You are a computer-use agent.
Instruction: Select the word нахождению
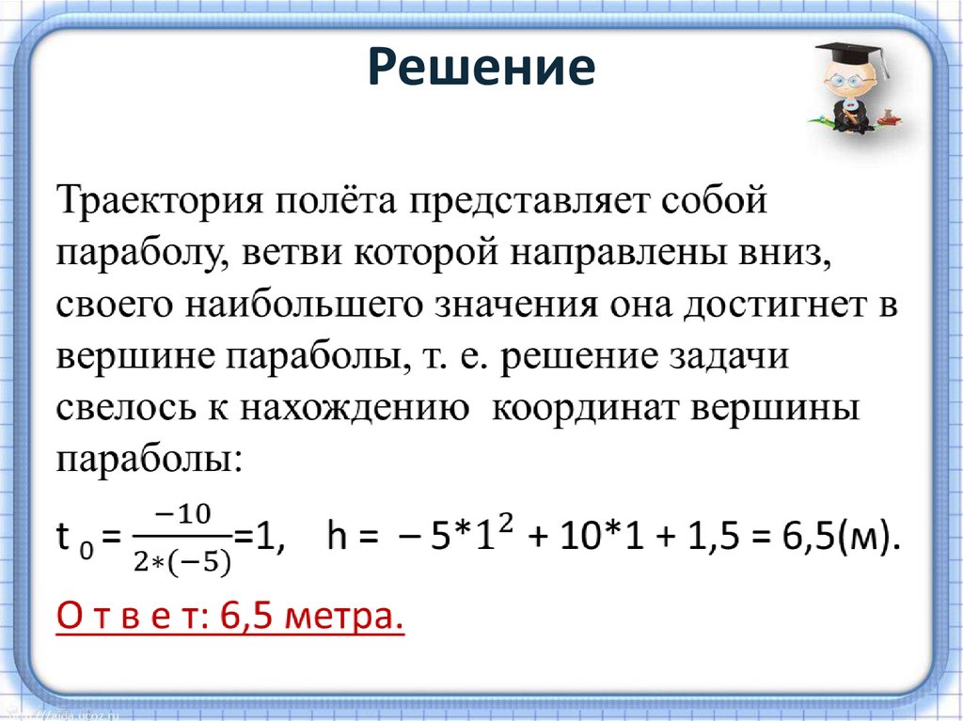click(354, 410)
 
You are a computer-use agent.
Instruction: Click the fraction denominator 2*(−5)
click(185, 561)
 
